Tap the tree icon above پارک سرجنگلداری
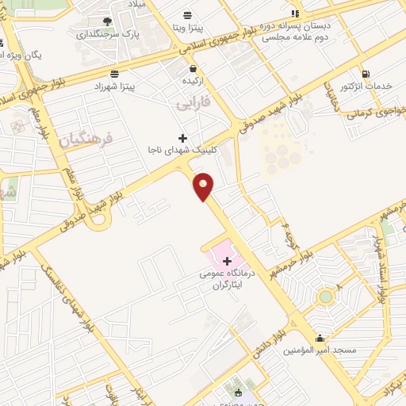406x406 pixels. coord(107,21)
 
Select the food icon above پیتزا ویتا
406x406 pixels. coord(187,15)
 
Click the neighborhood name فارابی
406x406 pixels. coord(193,102)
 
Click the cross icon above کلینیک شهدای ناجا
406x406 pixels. coord(183,138)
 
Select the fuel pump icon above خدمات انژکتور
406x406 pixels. coord(366,74)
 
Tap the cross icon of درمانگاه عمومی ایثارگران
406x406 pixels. coord(228,261)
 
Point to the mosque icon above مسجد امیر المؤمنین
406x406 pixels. coord(320,338)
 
